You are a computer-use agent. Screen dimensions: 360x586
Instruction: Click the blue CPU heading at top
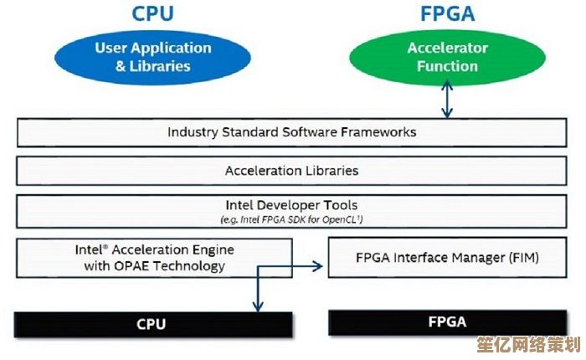(x=154, y=15)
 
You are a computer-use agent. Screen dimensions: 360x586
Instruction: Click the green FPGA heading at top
(x=447, y=15)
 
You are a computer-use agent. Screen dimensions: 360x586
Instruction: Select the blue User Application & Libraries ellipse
(x=154, y=57)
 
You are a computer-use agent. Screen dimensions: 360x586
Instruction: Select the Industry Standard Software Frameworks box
(x=291, y=132)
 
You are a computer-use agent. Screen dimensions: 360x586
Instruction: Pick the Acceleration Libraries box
(x=291, y=171)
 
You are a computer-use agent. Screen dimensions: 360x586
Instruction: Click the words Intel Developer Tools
(x=291, y=204)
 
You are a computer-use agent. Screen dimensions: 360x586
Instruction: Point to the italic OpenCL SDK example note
(x=291, y=219)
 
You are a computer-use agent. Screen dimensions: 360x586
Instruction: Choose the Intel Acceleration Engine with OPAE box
(x=154, y=258)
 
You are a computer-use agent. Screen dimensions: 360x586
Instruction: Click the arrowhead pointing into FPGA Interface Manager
(x=319, y=266)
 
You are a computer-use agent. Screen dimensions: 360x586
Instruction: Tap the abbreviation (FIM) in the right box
(x=523, y=259)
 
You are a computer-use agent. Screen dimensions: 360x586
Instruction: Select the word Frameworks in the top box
(x=382, y=132)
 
